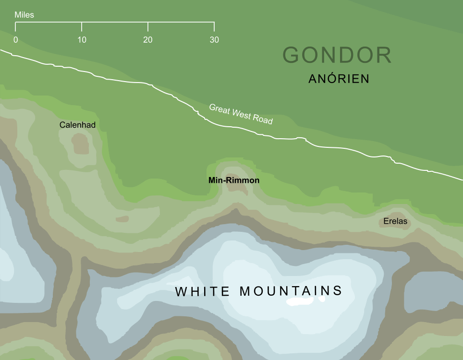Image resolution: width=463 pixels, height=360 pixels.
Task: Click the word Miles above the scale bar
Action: pos(24,15)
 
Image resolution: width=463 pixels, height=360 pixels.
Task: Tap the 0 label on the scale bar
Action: pos(16,40)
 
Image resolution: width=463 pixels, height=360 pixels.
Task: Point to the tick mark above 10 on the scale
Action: pos(82,26)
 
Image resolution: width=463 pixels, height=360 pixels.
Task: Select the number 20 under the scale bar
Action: pos(147,40)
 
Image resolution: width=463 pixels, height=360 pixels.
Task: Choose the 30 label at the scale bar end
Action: pos(214,40)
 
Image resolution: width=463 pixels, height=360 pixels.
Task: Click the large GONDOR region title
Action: pos(337,55)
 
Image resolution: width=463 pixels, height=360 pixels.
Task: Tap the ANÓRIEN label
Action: pos(339,79)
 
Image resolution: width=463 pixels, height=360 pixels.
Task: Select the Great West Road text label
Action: pos(241,114)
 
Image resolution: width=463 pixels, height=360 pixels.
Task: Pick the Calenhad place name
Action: pos(77,125)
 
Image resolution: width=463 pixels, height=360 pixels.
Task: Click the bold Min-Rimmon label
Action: pos(234,181)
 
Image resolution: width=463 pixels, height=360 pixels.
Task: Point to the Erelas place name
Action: pos(395,222)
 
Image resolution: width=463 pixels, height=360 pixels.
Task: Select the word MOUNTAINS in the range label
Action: pos(291,291)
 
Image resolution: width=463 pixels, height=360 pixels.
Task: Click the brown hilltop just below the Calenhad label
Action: pos(80,144)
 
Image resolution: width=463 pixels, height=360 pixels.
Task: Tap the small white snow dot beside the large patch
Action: pos(322,299)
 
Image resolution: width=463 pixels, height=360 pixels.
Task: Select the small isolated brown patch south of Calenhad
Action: pos(122,219)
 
